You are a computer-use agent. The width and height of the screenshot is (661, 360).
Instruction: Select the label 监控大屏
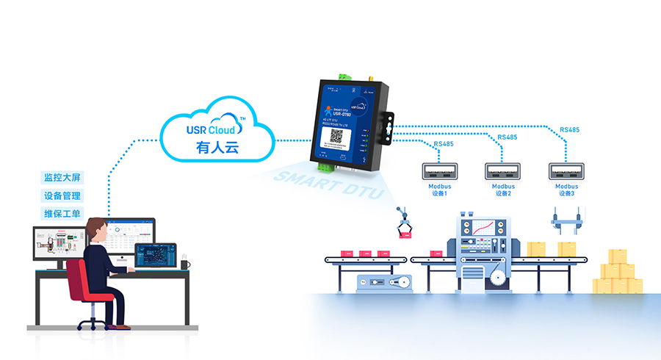pyautogui.click(x=62, y=178)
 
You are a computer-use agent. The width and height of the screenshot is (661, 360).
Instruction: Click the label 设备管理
pyautogui.click(x=62, y=196)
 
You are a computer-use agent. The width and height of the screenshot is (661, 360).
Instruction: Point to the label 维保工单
pyautogui.click(x=62, y=214)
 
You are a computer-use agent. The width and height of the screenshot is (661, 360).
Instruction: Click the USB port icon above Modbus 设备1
pyautogui.click(x=439, y=171)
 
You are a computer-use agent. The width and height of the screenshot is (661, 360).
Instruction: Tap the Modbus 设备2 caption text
pyautogui.click(x=503, y=190)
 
